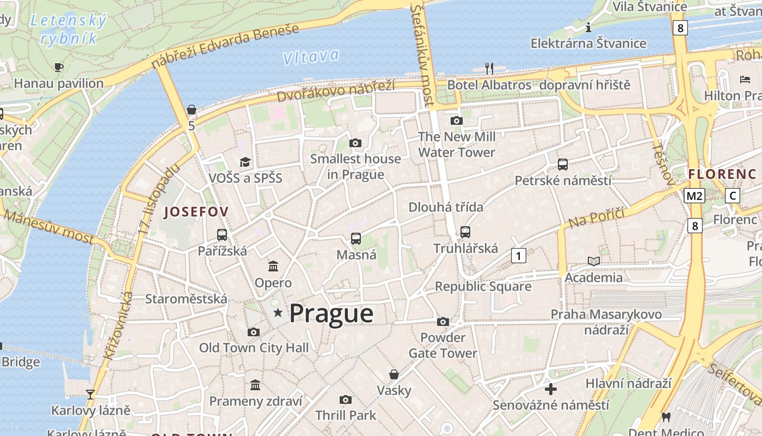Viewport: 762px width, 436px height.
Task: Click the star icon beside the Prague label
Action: click(x=278, y=313)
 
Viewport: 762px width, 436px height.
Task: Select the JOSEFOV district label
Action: click(x=196, y=211)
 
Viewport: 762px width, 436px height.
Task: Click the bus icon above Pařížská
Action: click(x=222, y=235)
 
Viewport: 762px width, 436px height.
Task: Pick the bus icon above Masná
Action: click(x=356, y=239)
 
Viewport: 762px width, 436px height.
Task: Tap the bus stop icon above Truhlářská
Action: click(x=465, y=232)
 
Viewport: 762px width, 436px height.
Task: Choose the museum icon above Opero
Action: click(x=273, y=267)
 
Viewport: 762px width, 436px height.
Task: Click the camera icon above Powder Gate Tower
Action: click(x=443, y=322)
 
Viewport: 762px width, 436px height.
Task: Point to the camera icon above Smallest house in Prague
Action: click(x=355, y=143)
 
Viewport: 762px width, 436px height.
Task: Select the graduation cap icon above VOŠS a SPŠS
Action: click(x=245, y=162)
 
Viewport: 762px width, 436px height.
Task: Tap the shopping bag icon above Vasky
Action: click(x=394, y=374)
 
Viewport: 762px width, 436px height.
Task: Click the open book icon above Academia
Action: click(x=594, y=262)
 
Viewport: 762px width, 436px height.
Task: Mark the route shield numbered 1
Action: click(x=519, y=255)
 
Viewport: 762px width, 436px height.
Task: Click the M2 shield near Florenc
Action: click(x=695, y=196)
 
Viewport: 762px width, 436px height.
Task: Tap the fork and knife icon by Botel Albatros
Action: click(x=489, y=68)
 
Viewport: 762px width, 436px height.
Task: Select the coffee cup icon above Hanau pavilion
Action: click(x=59, y=67)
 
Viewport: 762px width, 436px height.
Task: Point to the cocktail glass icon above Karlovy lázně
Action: click(x=90, y=394)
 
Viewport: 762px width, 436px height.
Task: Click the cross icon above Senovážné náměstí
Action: click(x=551, y=389)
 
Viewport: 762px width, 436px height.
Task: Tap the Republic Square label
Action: click(x=483, y=287)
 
